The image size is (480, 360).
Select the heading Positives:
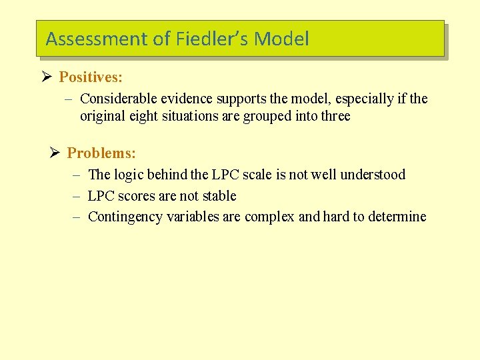coord(91,77)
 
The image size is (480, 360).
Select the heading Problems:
coord(101,153)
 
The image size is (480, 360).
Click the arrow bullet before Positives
coord(46,77)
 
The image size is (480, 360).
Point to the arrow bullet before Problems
coord(55,153)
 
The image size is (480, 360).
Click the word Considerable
coord(117,99)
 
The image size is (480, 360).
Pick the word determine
coord(396,217)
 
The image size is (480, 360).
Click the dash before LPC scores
coord(76,196)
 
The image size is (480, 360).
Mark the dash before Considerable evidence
coord(68,99)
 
